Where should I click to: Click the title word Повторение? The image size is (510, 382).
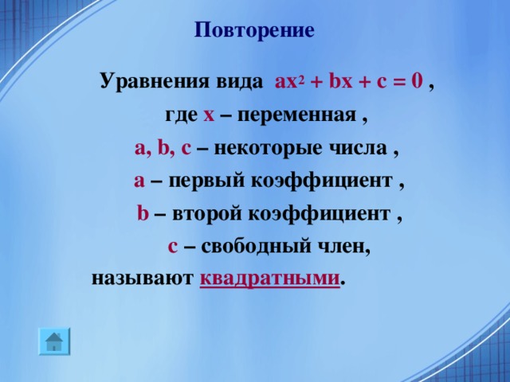[x=254, y=30]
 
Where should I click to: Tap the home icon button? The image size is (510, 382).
[x=53, y=341]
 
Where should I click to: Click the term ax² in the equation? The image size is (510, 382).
[x=287, y=81]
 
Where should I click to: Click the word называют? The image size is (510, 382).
[x=142, y=279]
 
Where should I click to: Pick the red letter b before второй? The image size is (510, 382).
[x=142, y=214]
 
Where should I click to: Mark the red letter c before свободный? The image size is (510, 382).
[x=172, y=247]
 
